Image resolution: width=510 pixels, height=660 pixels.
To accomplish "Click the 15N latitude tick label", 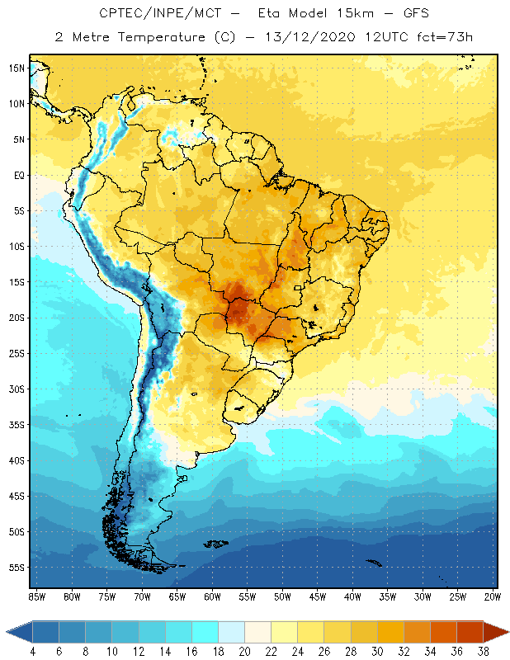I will pos(16,68).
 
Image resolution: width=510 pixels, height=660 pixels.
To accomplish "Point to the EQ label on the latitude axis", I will pos(17,175).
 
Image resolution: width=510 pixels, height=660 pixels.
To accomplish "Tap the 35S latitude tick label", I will pos(16,425).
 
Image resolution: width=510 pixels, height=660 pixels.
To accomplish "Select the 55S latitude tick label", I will pos(16,568).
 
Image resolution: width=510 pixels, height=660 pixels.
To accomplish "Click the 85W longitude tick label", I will pos(36,596).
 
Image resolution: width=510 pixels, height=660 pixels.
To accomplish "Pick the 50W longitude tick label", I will pos(283,596).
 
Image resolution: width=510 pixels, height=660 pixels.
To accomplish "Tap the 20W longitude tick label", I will pos(493,596).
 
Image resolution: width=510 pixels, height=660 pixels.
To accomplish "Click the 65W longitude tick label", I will pos(177,596).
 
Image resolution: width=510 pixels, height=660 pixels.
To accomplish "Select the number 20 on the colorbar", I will pos(243,652).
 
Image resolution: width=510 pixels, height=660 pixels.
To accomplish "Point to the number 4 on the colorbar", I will pos(33,652).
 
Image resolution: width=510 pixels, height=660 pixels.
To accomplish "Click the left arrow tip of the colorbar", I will pos(7,631).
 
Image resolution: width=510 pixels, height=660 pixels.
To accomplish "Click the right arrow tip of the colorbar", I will pos(508,631).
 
